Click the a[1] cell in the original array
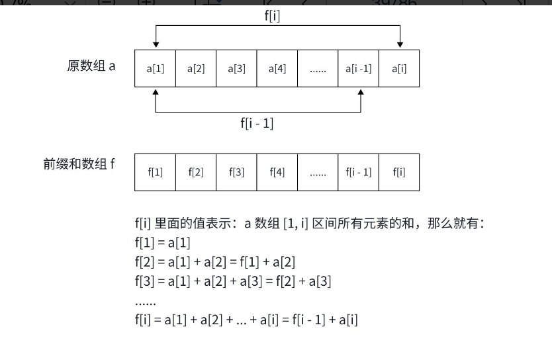pyautogui.click(x=155, y=68)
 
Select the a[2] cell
pyautogui.click(x=196, y=68)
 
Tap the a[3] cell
pyautogui.click(x=236, y=68)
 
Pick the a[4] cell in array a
pyautogui.click(x=277, y=68)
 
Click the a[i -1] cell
pyautogui.click(x=358, y=68)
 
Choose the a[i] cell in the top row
pyautogui.click(x=399, y=68)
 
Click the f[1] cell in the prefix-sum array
pyautogui.click(x=155, y=172)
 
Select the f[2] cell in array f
pyautogui.click(x=196, y=172)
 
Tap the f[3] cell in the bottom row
pyautogui.click(x=236, y=172)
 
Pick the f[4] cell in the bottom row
pyautogui.click(x=277, y=172)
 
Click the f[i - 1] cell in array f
pyautogui.click(x=358, y=172)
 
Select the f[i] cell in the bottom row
pyautogui.click(x=399, y=172)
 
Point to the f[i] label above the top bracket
pyautogui.click(x=272, y=17)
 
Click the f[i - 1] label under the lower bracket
pyautogui.click(x=257, y=123)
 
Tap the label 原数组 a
pyautogui.click(x=91, y=66)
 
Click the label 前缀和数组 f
pyautogui.click(x=79, y=164)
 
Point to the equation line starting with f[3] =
pyautogui.click(x=232, y=281)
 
